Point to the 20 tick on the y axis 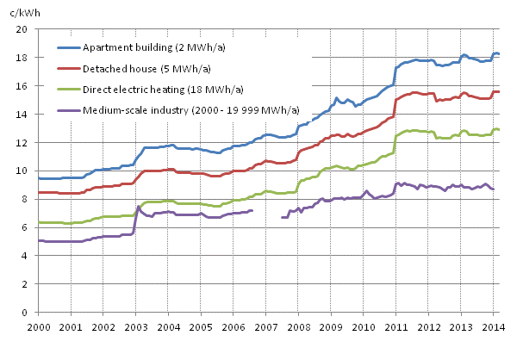pyautogui.click(x=23, y=29)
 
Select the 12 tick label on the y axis pyautogui.click(x=23, y=143)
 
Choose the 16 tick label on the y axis pyautogui.click(x=23, y=86)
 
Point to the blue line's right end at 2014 pyautogui.click(x=499, y=54)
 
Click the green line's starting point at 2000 pyautogui.click(x=39, y=222)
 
